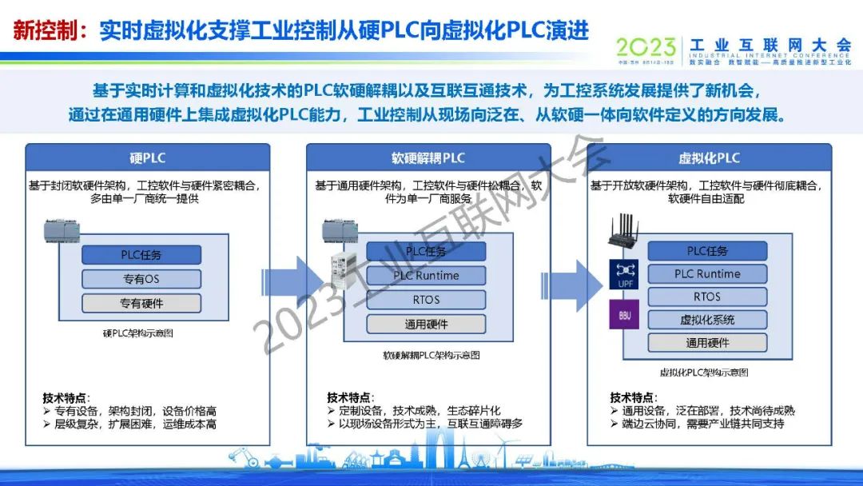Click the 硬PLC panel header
click(147, 157)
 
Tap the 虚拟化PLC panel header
click(709, 157)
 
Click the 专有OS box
click(141, 279)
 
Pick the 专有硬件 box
click(141, 303)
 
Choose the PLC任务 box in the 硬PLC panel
click(141, 255)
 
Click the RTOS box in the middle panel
click(426, 300)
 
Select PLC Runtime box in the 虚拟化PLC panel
click(707, 273)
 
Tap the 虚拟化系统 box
click(707, 320)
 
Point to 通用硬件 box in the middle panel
click(426, 325)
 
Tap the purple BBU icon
click(625, 315)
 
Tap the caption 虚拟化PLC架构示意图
click(704, 372)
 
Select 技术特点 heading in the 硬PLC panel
click(66, 397)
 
